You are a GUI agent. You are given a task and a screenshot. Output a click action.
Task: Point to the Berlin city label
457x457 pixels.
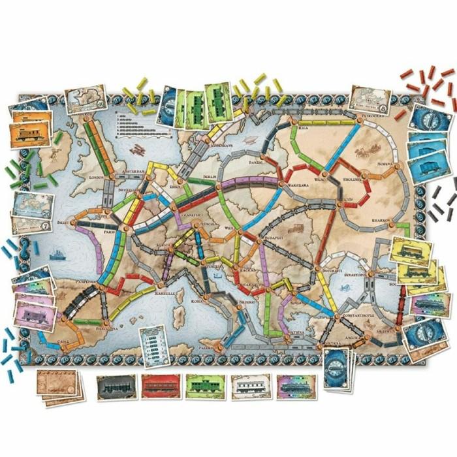pos(210,177)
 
